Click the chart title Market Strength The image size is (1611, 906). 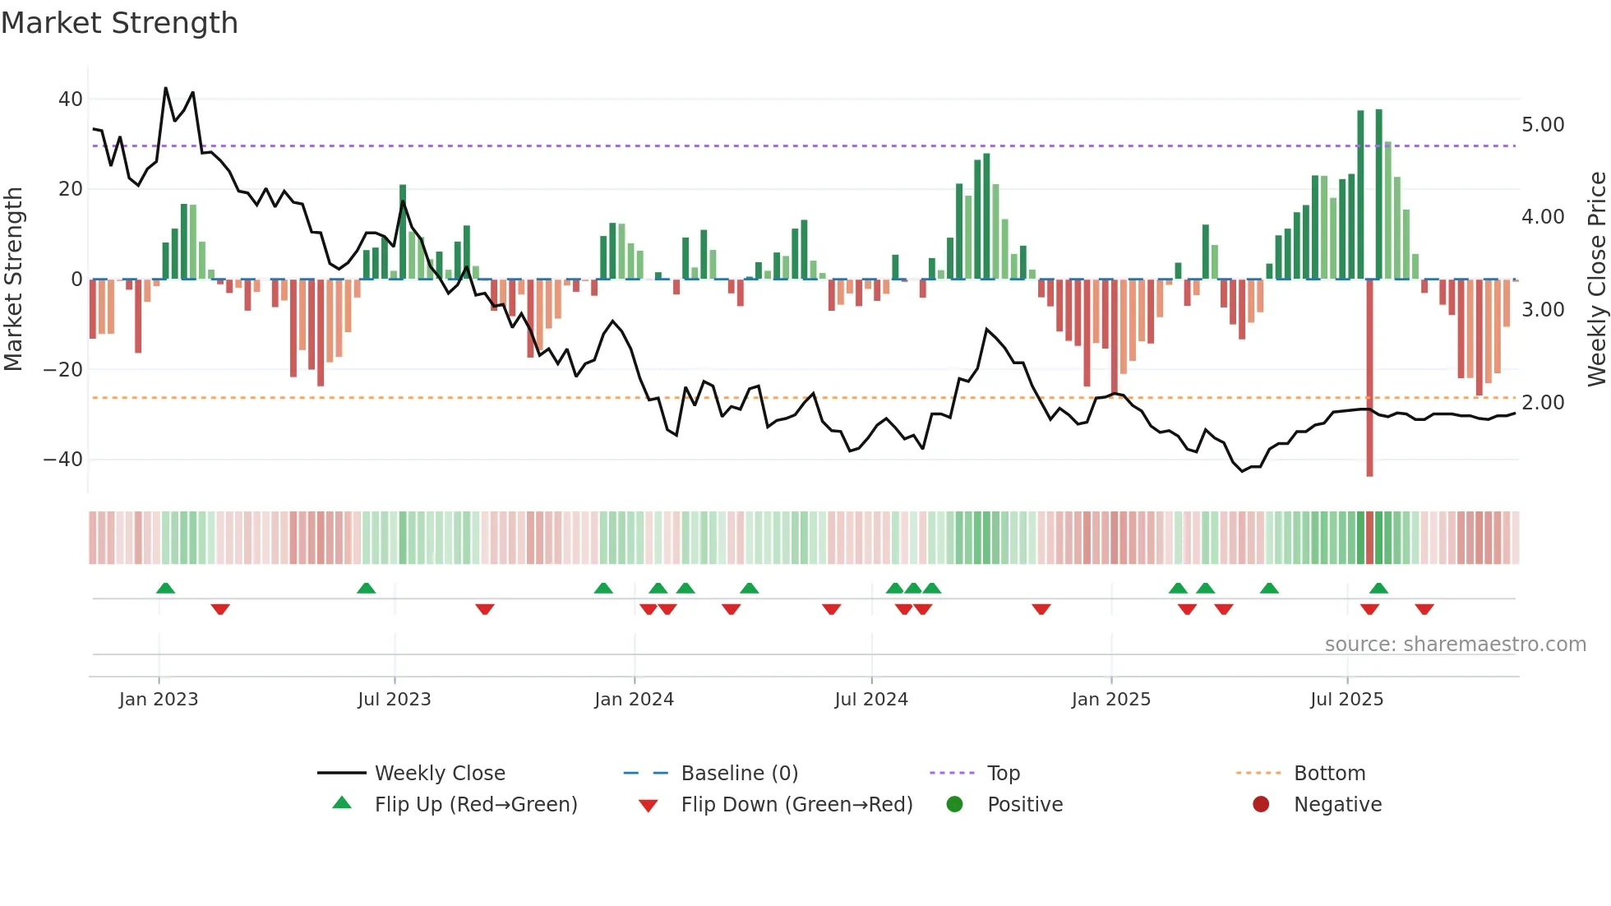(x=119, y=23)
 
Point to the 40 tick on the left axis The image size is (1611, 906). (x=71, y=99)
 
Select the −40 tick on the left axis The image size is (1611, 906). (x=63, y=460)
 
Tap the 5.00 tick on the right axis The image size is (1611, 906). (x=1543, y=125)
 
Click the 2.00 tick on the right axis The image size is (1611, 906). (x=1543, y=403)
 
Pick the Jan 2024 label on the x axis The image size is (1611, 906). (x=634, y=700)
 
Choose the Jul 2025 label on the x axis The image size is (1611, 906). (x=1346, y=700)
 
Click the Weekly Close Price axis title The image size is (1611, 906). (x=1596, y=280)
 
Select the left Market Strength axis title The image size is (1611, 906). (x=13, y=280)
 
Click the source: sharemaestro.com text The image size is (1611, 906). (x=1455, y=645)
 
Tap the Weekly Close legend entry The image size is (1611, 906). (x=440, y=774)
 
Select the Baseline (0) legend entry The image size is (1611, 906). (x=739, y=774)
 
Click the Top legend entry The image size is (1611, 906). (x=1003, y=774)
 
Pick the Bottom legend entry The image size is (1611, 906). (x=1329, y=774)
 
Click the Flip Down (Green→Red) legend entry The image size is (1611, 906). (x=796, y=805)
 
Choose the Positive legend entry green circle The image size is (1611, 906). (x=954, y=805)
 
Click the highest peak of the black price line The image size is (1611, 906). (x=166, y=88)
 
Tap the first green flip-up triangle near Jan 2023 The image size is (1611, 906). (x=165, y=589)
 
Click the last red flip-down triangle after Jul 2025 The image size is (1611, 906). (x=1424, y=609)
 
